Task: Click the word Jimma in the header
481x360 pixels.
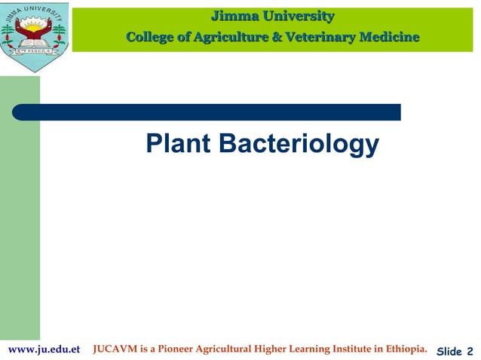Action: click(x=235, y=16)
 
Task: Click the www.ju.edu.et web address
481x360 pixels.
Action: click(x=43, y=349)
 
